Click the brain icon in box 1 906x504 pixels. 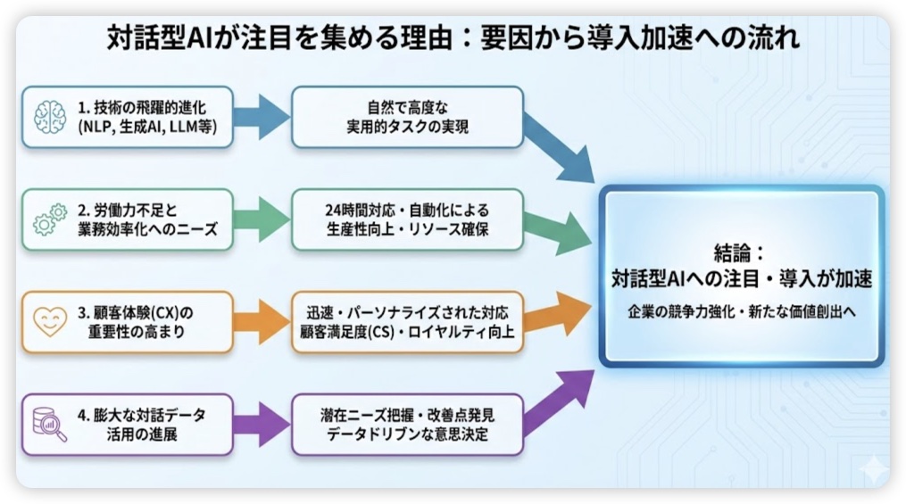51,117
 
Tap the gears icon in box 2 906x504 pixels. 51,219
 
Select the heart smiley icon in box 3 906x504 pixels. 51,322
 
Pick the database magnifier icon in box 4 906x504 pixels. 50,425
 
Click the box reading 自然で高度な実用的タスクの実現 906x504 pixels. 407,117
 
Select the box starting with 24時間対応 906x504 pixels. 407,219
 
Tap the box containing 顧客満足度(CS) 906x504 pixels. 407,322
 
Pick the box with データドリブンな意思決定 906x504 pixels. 407,425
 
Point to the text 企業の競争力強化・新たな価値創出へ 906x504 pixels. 741,314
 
